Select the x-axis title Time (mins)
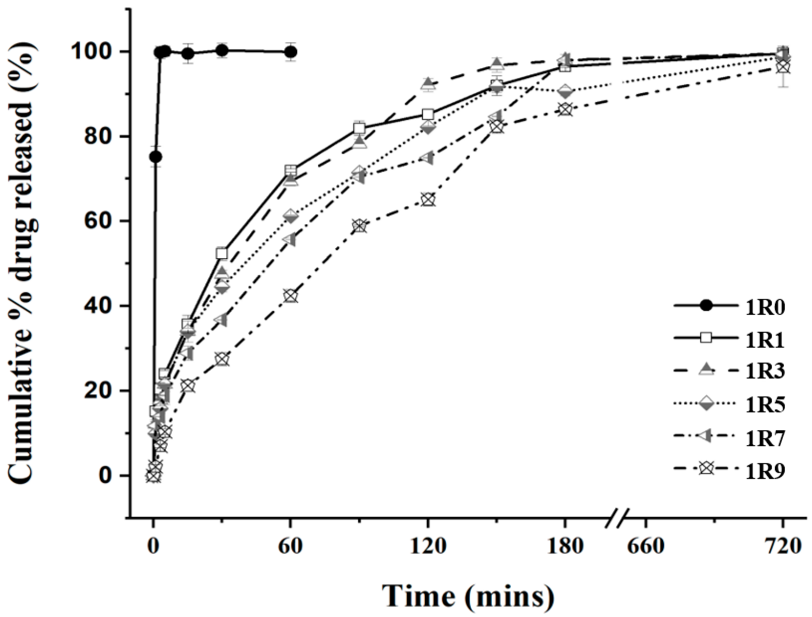click(467, 597)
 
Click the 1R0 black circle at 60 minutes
click(290, 52)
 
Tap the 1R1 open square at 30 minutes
click(222, 253)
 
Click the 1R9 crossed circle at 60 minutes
click(290, 296)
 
